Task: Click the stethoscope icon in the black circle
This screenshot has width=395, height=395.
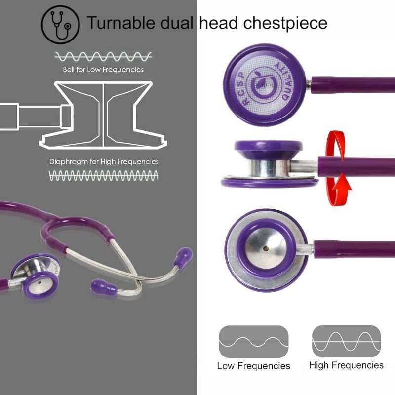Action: pyautogui.click(x=60, y=23)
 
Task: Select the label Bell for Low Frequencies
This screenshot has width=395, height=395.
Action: pyautogui.click(x=103, y=70)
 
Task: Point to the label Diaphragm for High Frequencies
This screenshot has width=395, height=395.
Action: pyautogui.click(x=104, y=161)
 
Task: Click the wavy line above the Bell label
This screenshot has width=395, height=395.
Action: pyautogui.click(x=103, y=55)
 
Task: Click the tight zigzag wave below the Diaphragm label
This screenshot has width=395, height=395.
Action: pyautogui.click(x=104, y=175)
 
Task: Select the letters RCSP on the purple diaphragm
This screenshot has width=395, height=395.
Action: pyautogui.click(x=242, y=88)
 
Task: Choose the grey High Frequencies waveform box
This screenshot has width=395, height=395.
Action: pyautogui.click(x=346, y=341)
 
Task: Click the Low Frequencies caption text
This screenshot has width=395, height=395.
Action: pyautogui.click(x=253, y=366)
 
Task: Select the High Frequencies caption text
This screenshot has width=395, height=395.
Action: pyautogui.click(x=346, y=365)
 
